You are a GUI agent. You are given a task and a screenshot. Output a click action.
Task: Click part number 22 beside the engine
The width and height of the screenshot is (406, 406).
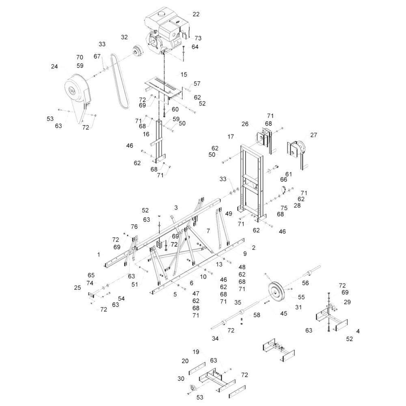[196, 14]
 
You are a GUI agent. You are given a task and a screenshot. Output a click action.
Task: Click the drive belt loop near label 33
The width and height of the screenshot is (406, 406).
[119, 81]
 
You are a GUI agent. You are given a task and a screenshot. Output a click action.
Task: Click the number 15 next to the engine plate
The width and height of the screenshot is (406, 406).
[184, 75]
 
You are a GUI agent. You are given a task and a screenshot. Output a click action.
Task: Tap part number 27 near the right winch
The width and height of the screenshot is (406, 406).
[313, 135]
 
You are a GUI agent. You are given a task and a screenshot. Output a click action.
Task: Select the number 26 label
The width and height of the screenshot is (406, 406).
[245, 124]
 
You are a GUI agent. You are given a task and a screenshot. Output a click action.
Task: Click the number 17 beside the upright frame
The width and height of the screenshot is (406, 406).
[231, 136]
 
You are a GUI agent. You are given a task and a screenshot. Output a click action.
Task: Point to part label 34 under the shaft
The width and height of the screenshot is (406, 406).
[215, 339]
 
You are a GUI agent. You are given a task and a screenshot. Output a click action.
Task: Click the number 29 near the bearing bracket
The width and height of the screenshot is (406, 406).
[347, 302]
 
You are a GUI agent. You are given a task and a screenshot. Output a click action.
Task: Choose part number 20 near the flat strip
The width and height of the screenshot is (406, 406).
[185, 361]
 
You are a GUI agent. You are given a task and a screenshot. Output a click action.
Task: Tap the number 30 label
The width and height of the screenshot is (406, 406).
[181, 379]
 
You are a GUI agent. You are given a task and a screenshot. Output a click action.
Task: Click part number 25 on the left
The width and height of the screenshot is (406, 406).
[78, 288]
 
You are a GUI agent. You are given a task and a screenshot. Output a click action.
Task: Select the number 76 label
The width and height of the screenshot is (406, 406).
[134, 227]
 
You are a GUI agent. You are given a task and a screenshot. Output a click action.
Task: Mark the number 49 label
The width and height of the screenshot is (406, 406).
[229, 214]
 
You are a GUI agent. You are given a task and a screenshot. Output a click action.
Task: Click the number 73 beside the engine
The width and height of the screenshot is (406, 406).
[198, 38]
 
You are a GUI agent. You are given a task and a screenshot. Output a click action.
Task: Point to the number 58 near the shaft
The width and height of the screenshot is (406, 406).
[257, 315]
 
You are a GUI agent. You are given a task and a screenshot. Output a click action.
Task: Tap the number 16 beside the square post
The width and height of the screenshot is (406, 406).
[146, 134]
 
